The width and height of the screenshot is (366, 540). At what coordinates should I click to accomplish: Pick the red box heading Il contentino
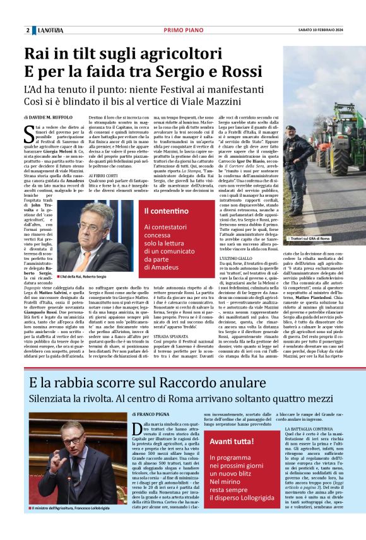click(167, 211)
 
